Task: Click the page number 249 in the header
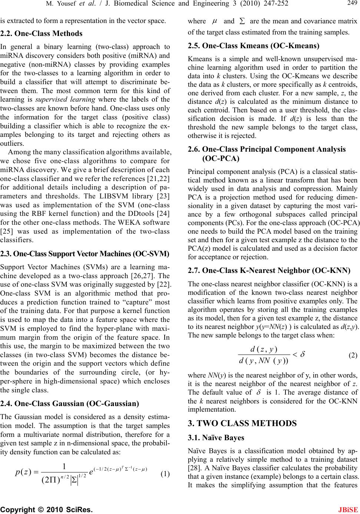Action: click(x=352, y=4)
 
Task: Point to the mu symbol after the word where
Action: click(x=214, y=22)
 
